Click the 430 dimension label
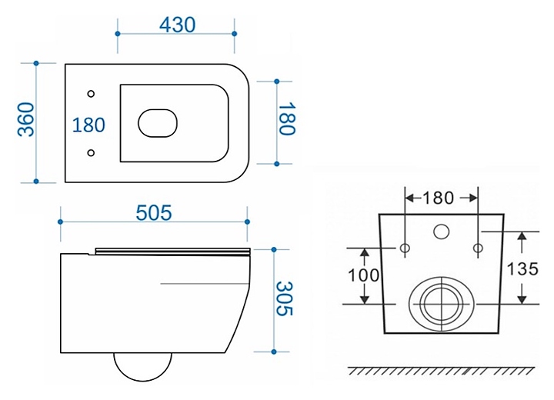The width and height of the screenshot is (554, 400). click(x=177, y=25)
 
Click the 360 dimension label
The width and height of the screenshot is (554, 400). click(x=26, y=119)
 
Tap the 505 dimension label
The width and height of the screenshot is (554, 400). click(x=154, y=213)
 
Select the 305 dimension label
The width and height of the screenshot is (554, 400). click(x=284, y=298)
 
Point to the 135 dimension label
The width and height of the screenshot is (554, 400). click(x=522, y=269)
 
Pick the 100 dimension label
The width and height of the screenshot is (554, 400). click(x=363, y=275)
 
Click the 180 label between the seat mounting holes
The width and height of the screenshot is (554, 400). click(x=88, y=125)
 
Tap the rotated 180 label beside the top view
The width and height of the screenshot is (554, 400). click(x=286, y=119)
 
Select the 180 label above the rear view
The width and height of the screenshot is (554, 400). click(x=438, y=198)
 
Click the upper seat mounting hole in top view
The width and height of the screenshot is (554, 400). click(x=91, y=94)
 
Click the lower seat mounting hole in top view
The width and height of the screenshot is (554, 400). click(x=91, y=152)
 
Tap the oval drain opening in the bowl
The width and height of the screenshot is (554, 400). click(x=158, y=123)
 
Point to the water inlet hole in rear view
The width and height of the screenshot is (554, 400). click(x=442, y=232)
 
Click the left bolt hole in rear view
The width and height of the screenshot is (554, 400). click(x=405, y=248)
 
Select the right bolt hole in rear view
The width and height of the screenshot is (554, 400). click(x=478, y=248)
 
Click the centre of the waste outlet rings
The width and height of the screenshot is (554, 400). click(x=442, y=304)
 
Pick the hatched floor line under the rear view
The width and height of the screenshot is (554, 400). click(x=442, y=371)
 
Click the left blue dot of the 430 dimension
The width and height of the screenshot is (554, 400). click(x=118, y=34)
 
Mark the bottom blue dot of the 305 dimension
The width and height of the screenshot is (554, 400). click(x=274, y=352)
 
